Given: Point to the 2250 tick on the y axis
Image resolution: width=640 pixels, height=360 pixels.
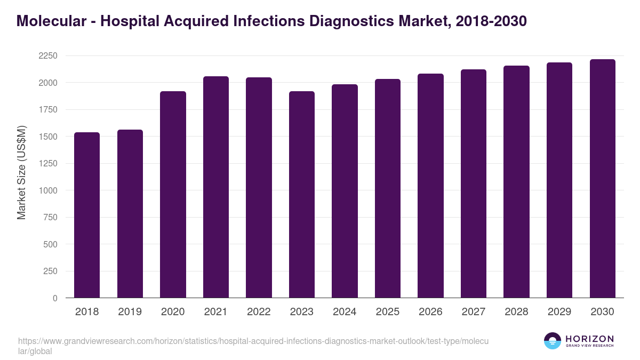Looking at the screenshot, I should pyautogui.click(x=48, y=56).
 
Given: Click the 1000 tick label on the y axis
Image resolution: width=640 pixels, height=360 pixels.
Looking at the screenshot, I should pyautogui.click(x=48, y=190).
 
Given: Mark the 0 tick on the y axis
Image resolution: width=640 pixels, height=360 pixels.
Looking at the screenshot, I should pyautogui.click(x=55, y=298).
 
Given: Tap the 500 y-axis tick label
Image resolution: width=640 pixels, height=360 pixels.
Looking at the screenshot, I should pyautogui.click(x=50, y=244).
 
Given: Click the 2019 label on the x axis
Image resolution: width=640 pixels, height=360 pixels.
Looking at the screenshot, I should pyautogui.click(x=130, y=312).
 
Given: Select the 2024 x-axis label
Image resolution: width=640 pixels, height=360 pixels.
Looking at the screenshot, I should pyautogui.click(x=345, y=312).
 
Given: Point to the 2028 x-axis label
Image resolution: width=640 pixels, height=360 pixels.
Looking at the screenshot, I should pyautogui.click(x=516, y=312).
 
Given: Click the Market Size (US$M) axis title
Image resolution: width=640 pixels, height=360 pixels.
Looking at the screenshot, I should pyautogui.click(x=21, y=173).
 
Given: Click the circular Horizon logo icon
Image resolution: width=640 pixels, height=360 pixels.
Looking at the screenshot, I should pyautogui.click(x=552, y=341).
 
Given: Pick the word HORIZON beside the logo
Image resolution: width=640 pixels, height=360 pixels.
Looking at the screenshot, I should pyautogui.click(x=589, y=339).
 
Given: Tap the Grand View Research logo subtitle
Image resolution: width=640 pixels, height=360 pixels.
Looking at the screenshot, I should pyautogui.click(x=589, y=346).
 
